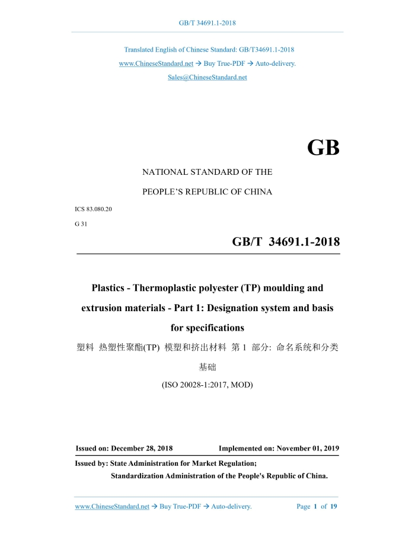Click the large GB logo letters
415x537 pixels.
[x=323, y=148]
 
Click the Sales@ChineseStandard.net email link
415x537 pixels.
[x=207, y=78]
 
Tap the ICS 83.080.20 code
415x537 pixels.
[x=94, y=209]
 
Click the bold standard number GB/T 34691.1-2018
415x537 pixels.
[x=286, y=242]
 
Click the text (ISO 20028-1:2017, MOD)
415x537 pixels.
[x=207, y=385]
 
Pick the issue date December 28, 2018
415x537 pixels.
[x=142, y=449]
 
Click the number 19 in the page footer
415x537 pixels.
[x=334, y=507]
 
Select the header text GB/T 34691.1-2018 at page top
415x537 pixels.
[x=207, y=23]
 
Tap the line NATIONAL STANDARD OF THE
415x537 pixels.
[x=207, y=172]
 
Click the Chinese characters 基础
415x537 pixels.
[x=207, y=367]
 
